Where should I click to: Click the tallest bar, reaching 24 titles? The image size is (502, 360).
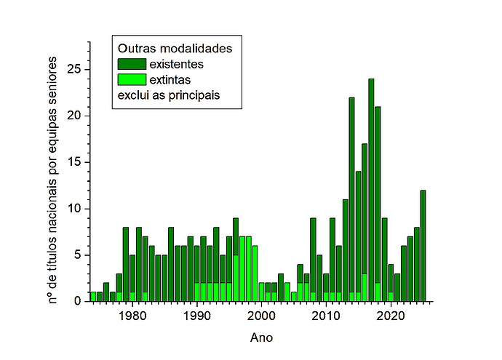371,189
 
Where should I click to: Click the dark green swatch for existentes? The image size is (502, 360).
131,64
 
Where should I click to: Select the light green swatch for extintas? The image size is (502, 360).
131,79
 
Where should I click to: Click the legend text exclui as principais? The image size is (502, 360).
169,95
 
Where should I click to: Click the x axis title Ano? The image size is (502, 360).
261,337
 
